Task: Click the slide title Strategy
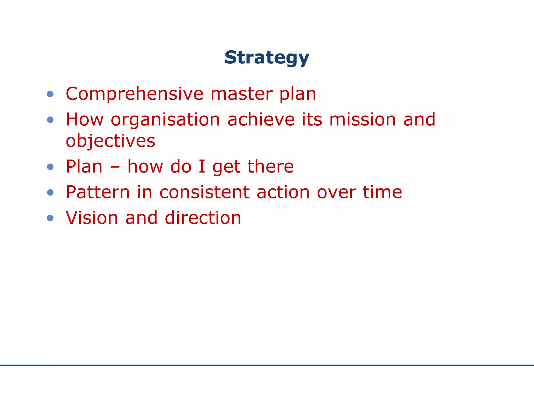(267, 57)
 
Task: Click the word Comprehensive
(134, 94)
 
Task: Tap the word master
(241, 94)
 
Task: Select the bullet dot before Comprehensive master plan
(50, 94)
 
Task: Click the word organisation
(165, 120)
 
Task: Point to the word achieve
(261, 120)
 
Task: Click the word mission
(363, 120)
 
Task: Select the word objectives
(111, 141)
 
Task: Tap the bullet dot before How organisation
(50, 120)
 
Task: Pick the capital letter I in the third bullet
(202, 167)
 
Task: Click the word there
(270, 167)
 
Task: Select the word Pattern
(98, 192)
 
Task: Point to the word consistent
(204, 192)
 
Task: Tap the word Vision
(92, 218)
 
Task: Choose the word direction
(203, 218)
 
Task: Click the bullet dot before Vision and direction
(50, 218)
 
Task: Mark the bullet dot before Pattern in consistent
(50, 192)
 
